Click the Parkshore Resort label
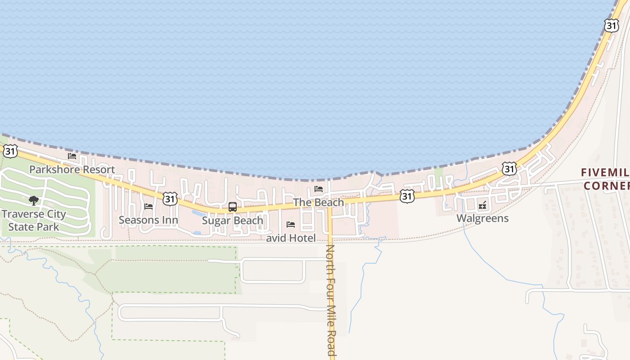pos(72,170)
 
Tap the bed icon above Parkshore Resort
pos(72,156)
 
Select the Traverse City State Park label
pos(34,220)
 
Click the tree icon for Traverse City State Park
pos(33,200)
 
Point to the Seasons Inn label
pos(148,220)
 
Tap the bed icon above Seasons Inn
pos(148,207)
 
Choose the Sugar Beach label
pos(233,220)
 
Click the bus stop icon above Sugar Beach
pos(233,207)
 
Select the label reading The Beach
pos(319,202)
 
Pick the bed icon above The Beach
pos(319,189)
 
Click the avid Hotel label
pos(291,238)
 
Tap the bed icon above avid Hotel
pos(291,224)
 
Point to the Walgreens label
pos(482,218)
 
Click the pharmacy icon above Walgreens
pos(482,205)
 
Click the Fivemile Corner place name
pos(605,179)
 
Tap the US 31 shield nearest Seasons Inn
pos(170,198)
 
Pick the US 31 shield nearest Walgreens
pos(509,169)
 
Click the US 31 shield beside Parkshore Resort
pos(10,151)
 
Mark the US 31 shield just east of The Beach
pos(407,196)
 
